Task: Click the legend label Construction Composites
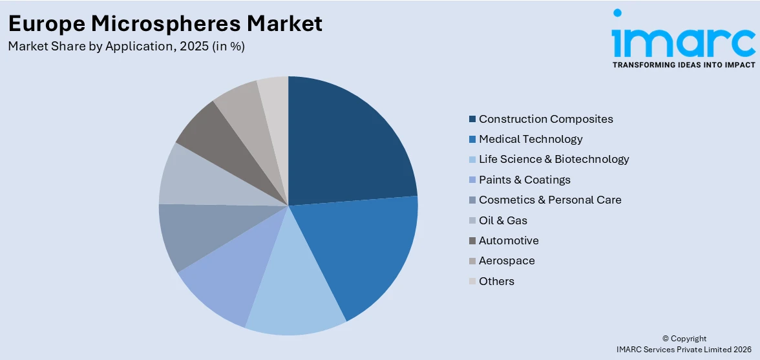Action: point(545,119)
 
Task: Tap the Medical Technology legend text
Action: point(531,139)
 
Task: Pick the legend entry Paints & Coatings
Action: point(524,180)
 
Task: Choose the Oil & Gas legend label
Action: point(503,220)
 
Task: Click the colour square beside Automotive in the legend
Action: point(472,240)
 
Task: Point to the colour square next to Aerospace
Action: point(472,261)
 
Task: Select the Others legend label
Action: point(496,281)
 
